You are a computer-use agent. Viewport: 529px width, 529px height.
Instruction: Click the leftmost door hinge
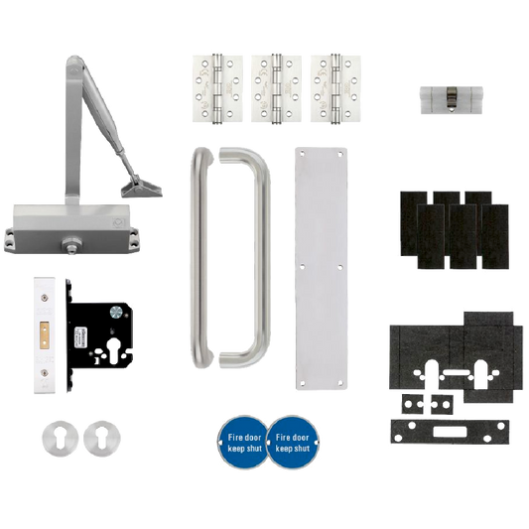coord(218,88)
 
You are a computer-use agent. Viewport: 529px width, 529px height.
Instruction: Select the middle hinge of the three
coord(277,88)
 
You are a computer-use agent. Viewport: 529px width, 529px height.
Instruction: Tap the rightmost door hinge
coord(335,88)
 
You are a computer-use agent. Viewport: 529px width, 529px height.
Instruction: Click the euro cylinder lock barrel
coord(452,100)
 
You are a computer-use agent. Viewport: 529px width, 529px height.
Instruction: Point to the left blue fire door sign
coord(244,443)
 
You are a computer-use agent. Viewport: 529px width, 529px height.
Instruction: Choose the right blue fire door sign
coord(293,443)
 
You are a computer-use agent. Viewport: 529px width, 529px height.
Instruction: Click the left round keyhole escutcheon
coord(61,439)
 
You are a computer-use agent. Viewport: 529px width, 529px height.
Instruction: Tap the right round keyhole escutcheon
coord(102,439)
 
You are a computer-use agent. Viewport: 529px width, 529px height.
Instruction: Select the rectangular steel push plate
coord(322,268)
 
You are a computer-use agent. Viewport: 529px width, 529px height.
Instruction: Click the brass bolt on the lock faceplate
coord(45,335)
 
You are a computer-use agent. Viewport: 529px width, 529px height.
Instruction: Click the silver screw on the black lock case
coord(115,313)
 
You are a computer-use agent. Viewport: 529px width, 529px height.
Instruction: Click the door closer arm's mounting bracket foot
coord(142,189)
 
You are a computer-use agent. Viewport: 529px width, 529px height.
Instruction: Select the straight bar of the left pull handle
coord(201,258)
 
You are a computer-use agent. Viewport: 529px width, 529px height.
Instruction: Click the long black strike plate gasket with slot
coord(450,432)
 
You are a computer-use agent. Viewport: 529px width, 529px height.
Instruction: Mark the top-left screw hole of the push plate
coord(302,153)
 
